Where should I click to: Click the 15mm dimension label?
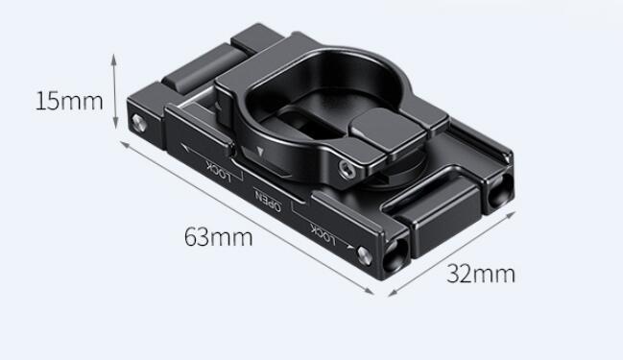tap(69, 101)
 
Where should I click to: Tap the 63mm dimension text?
tap(219, 237)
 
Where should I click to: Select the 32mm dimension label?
tap(481, 274)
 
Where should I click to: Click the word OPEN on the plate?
tap(269, 200)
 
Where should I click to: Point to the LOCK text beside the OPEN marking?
tap(219, 171)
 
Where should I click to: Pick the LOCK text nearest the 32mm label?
tap(323, 234)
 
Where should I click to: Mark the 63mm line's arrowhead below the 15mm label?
tap(125, 144)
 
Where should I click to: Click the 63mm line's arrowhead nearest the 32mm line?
tap(370, 291)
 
